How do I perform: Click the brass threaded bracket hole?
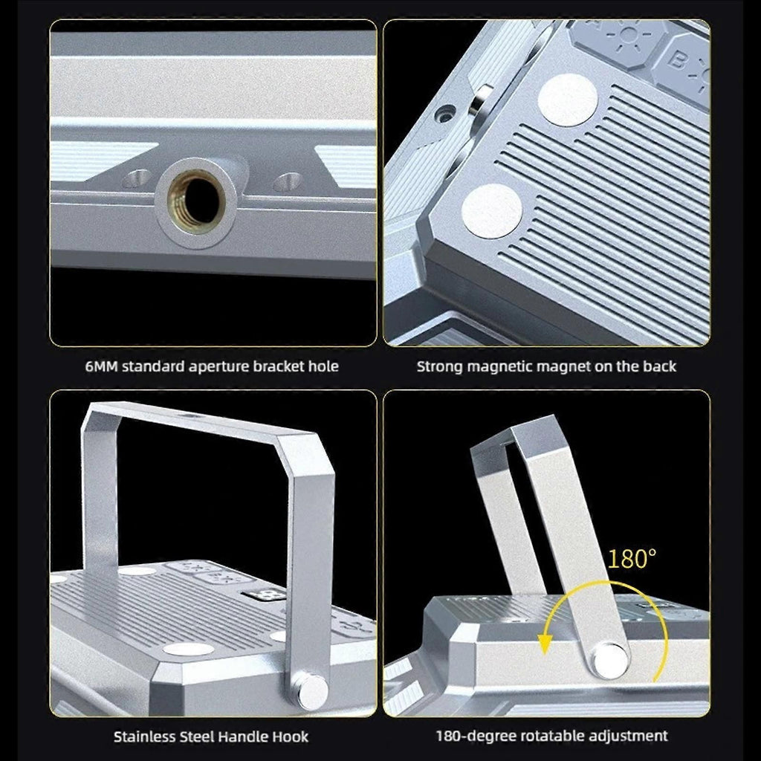click(x=196, y=201)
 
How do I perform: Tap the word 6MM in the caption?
click(x=101, y=366)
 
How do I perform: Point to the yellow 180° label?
click(x=632, y=559)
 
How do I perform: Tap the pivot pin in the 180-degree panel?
click(x=610, y=659)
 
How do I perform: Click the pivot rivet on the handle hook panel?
click(x=312, y=690)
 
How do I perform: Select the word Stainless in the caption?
click(x=144, y=736)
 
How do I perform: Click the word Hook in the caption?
click(x=290, y=736)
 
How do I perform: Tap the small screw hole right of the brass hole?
click(x=288, y=181)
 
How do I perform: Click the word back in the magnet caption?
click(x=659, y=366)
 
